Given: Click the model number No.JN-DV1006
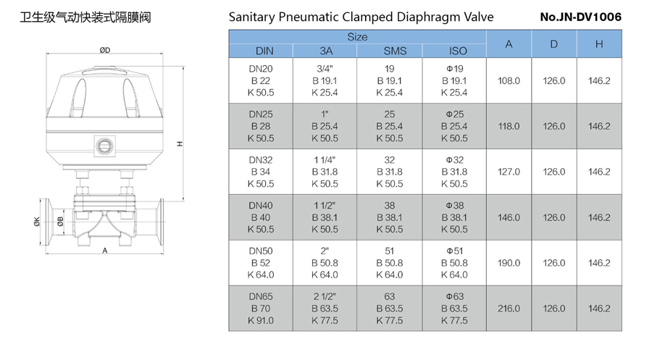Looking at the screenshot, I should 580,17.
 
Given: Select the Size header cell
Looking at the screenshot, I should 357,37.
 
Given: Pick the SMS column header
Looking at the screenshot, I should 390,51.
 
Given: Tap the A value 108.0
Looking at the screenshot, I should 509,80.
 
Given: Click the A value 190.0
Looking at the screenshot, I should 509,263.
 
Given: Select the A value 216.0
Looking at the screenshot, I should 509,309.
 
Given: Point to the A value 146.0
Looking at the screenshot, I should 509,217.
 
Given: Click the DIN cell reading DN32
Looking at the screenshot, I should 261,160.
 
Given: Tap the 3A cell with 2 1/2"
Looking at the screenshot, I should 325,297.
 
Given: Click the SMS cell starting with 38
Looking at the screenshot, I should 390,206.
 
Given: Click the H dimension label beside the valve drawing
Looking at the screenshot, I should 181,144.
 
